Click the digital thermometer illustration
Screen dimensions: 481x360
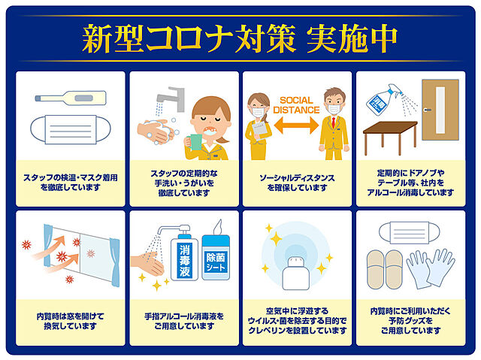click(71, 98)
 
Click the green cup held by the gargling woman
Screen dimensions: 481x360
click(195, 142)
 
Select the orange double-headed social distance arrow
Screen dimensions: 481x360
click(296, 125)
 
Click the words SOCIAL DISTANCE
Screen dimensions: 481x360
click(296, 105)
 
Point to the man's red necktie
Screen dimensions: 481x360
click(334, 123)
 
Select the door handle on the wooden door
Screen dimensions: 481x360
click(428, 110)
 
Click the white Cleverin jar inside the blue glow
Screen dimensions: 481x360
click(295, 274)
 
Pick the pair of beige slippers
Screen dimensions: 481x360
click(385, 270)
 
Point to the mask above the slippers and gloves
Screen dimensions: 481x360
click(409, 233)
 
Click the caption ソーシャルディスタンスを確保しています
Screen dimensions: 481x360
click(297, 183)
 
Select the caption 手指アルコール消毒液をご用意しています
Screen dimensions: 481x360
click(184, 321)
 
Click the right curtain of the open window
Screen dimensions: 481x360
click(115, 262)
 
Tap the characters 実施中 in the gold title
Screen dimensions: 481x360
click(352, 38)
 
